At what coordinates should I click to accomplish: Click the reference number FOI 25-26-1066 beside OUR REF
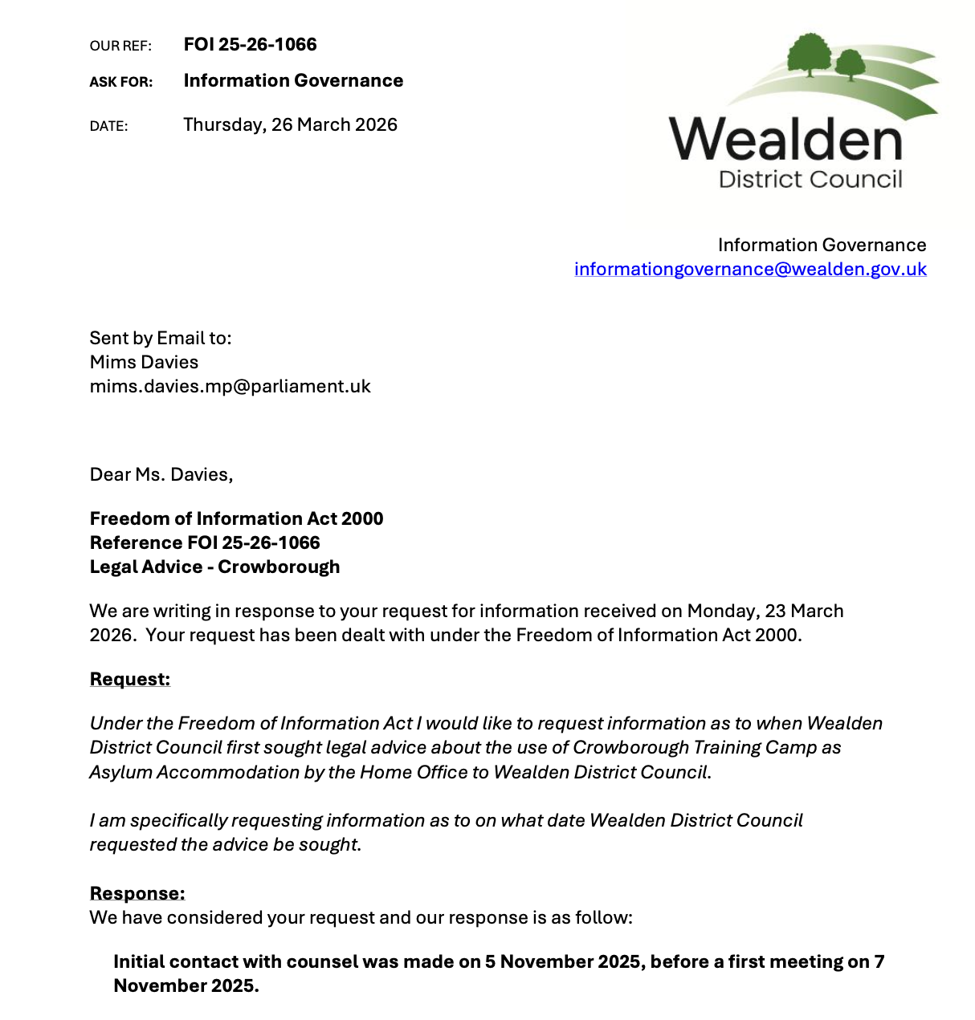point(250,45)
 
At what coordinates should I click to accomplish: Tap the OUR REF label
point(120,47)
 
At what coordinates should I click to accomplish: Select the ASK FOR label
point(121,82)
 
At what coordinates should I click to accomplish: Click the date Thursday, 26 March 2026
point(290,125)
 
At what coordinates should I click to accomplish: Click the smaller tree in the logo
point(850,64)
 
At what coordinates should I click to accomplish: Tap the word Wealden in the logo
point(785,140)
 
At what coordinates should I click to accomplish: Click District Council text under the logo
point(810,179)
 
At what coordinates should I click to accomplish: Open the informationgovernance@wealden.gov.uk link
point(750,270)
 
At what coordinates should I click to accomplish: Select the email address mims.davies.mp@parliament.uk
point(230,387)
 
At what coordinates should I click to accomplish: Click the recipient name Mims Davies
point(144,363)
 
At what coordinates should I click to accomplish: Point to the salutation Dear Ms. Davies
point(161,475)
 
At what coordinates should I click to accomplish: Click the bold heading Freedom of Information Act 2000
point(236,519)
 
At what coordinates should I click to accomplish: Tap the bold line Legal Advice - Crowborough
point(214,567)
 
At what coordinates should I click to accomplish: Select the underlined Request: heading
point(130,680)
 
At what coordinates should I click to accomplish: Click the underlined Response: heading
point(137,894)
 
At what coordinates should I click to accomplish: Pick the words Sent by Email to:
point(161,339)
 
